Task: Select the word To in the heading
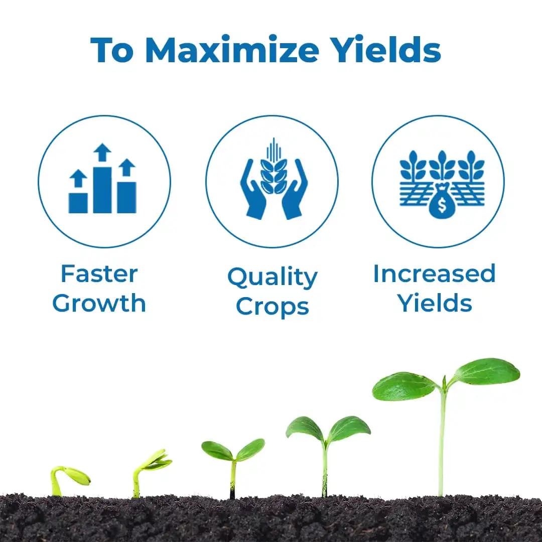(x=112, y=49)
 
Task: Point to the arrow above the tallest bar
(x=102, y=152)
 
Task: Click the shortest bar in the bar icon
(x=78, y=202)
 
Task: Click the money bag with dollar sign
(x=441, y=204)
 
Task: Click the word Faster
(x=99, y=274)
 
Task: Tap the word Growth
(x=99, y=304)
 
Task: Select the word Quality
(x=272, y=277)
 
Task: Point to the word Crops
(x=272, y=306)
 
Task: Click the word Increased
(x=434, y=274)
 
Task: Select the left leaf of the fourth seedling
(x=305, y=429)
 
